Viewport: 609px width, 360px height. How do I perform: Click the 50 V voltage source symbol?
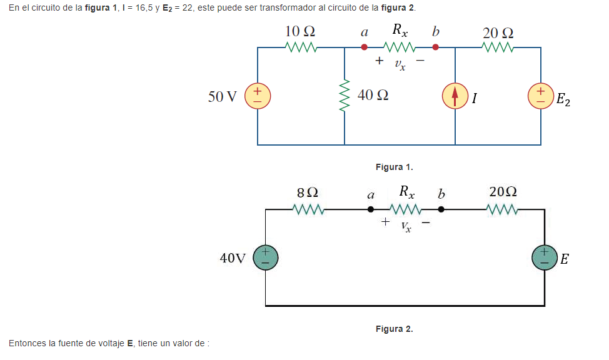[x=257, y=96]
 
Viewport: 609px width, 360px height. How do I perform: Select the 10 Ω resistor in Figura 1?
[x=301, y=47]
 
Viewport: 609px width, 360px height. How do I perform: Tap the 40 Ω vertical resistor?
[x=344, y=96]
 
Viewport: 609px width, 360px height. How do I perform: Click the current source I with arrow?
[x=455, y=96]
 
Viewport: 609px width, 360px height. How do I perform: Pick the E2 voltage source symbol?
[x=541, y=96]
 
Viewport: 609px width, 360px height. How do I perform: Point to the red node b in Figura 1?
[x=436, y=47]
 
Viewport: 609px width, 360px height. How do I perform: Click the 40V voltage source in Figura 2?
[x=265, y=257]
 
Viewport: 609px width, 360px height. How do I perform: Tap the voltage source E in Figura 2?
[x=544, y=257]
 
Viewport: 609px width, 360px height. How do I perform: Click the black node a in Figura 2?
[x=371, y=210]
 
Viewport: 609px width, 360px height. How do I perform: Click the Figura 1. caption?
[x=394, y=167]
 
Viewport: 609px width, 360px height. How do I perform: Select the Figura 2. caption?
[x=394, y=329]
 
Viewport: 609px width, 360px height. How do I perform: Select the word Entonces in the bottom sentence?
[x=27, y=343]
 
